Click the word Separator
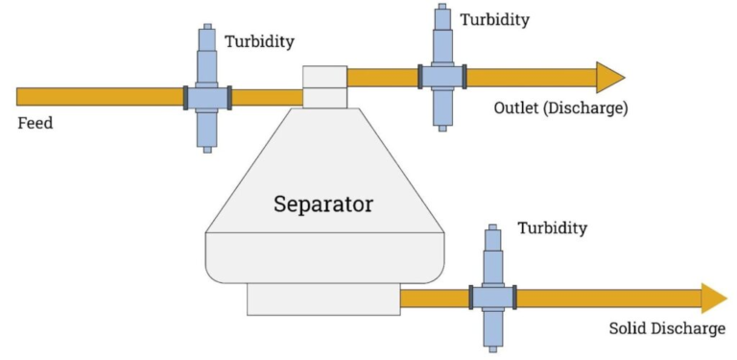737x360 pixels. [323, 204]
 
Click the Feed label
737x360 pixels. [36, 123]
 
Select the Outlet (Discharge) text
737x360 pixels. [560, 108]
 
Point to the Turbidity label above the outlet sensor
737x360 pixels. [494, 19]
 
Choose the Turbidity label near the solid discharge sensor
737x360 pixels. [552, 228]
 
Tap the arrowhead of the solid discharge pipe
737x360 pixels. [713, 299]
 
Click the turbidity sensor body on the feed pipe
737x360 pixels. [207, 97]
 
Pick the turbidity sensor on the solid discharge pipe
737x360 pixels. [492, 298]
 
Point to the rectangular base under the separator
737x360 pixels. [323, 299]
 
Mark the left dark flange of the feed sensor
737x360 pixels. [186, 97]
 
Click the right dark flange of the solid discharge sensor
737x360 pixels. [514, 298]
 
